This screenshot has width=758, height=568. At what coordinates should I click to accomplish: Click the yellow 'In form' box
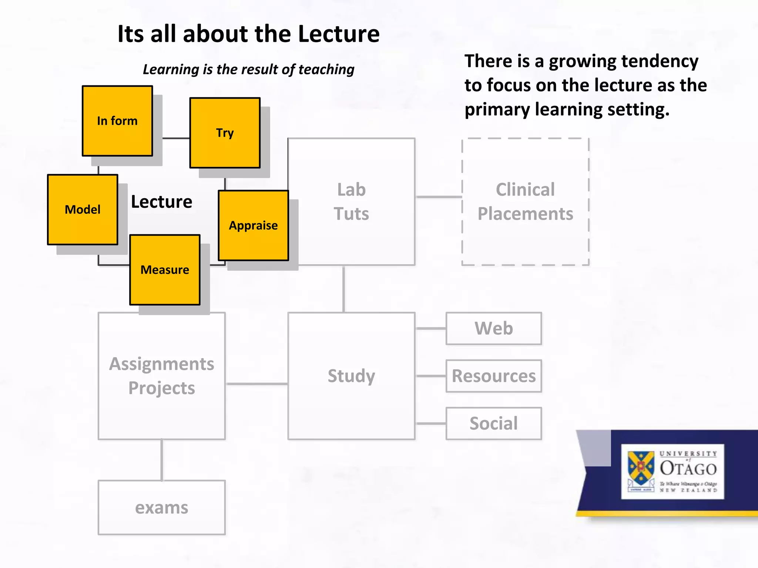click(117, 121)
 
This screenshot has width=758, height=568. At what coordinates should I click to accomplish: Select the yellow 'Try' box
click(225, 133)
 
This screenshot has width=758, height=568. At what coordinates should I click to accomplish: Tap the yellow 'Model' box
click(83, 210)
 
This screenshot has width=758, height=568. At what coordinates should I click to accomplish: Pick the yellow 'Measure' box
click(165, 270)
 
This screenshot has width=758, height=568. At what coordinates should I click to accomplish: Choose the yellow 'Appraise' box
click(253, 226)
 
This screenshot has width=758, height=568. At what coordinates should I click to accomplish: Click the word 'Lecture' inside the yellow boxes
click(162, 202)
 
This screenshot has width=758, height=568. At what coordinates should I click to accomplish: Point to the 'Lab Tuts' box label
click(351, 202)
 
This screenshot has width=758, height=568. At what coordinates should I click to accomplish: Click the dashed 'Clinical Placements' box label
click(525, 202)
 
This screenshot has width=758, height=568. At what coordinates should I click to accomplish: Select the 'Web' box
click(494, 328)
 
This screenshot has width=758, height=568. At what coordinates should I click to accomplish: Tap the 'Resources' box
click(494, 376)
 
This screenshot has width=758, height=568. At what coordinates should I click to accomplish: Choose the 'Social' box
click(494, 423)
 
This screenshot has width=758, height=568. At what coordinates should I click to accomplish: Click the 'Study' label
click(351, 376)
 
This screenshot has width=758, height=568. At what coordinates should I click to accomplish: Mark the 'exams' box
click(162, 508)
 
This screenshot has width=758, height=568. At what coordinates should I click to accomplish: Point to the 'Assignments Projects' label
click(162, 376)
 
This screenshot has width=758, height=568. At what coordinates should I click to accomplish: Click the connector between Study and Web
click(431, 328)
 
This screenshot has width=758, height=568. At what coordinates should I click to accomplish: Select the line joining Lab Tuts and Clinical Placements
click(439, 197)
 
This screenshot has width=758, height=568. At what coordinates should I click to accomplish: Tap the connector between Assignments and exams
click(162, 460)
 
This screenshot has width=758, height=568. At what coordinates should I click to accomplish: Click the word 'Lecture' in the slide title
click(339, 34)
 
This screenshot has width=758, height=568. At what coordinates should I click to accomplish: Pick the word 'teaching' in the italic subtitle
click(326, 70)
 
